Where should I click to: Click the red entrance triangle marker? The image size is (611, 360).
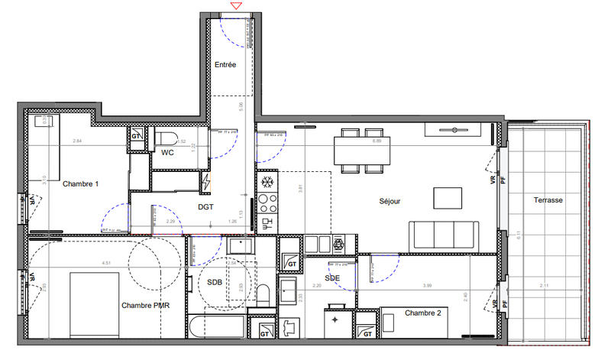tap(237, 6)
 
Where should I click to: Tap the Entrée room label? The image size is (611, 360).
tap(225, 65)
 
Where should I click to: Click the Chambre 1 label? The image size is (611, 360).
tap(80, 184)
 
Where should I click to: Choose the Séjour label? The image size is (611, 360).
tap(390, 202)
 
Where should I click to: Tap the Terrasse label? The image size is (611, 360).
tap(549, 199)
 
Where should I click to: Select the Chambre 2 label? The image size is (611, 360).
tap(422, 313)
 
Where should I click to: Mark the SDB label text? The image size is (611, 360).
tap(215, 282)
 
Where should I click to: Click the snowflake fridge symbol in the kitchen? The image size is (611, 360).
tap(268, 183)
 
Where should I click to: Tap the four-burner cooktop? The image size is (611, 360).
tap(268, 203)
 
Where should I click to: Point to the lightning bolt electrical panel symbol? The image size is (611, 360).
tap(206, 182)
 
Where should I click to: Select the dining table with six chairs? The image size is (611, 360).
tap(356, 150)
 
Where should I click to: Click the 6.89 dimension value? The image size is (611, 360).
tap(377, 141)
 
